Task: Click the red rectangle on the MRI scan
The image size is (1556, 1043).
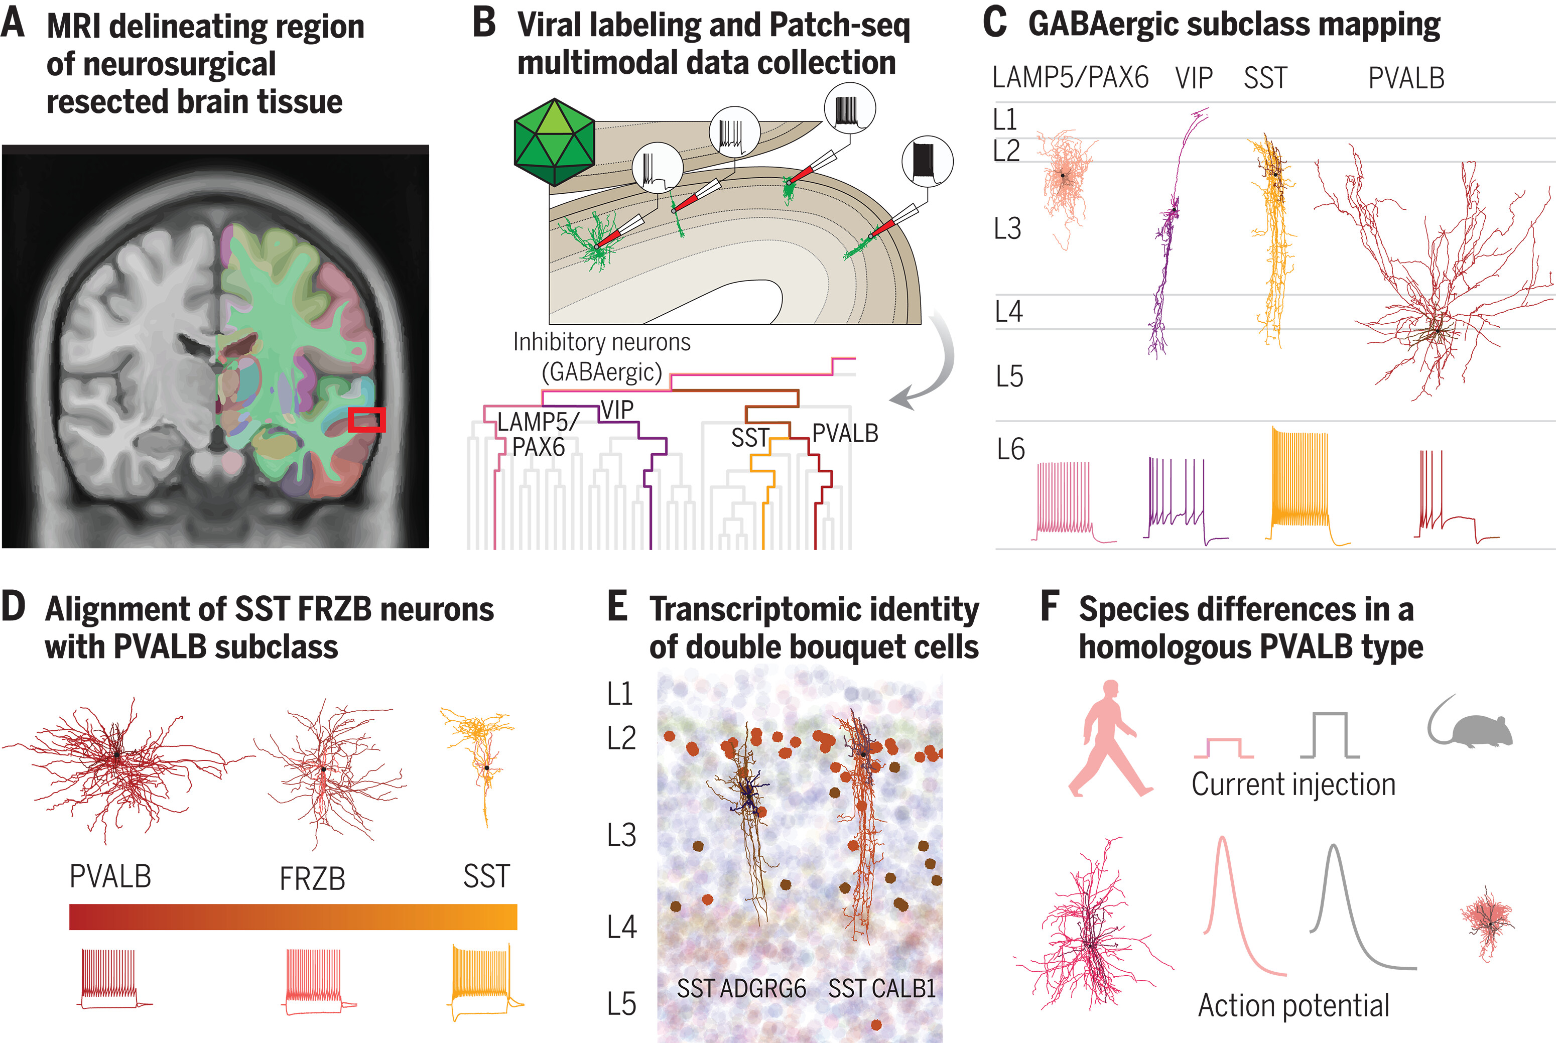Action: click(x=366, y=420)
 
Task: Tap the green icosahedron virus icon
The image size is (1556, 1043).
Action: click(x=554, y=141)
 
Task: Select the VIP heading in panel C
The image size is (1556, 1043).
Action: click(x=1194, y=78)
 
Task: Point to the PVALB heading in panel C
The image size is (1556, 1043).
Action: click(x=1405, y=78)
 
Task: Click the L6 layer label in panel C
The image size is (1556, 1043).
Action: click(x=1010, y=450)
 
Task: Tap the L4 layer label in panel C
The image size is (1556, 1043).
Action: click(x=1008, y=311)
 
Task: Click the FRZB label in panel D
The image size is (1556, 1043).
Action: click(x=312, y=879)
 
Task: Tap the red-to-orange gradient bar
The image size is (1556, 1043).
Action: click(x=293, y=916)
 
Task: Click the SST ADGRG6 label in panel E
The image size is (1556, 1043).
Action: click(x=741, y=988)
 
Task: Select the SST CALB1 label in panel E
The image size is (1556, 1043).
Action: click(x=881, y=988)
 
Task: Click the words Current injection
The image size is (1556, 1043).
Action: click(x=1292, y=784)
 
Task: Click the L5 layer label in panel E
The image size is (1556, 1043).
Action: click(x=621, y=1003)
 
